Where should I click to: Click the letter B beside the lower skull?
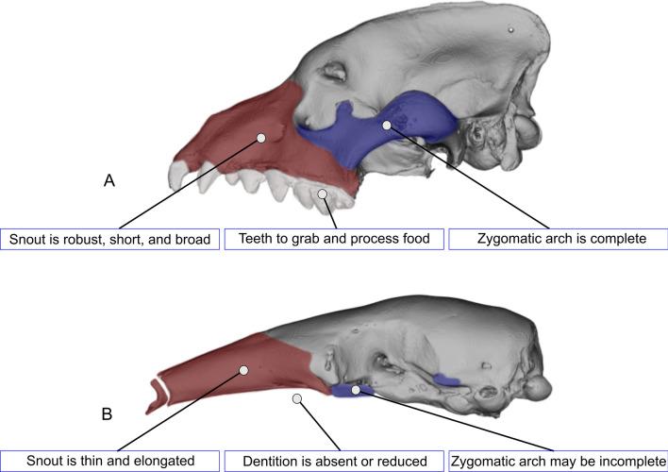(x=109, y=413)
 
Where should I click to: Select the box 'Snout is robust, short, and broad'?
(x=109, y=239)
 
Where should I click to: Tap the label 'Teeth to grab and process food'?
(x=334, y=239)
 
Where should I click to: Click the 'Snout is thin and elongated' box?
(x=109, y=461)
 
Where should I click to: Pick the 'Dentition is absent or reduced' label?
(x=334, y=461)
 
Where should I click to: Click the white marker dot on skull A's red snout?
(x=261, y=138)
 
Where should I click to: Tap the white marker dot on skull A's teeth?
(x=323, y=194)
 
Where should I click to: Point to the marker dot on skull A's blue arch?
(x=386, y=124)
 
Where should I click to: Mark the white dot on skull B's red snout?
(x=244, y=370)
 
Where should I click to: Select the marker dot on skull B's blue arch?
(x=356, y=388)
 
